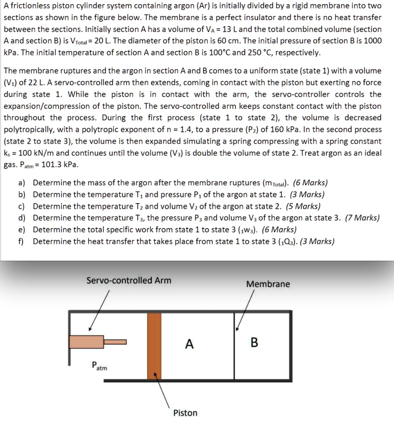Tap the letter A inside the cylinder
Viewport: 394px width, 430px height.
coord(189,344)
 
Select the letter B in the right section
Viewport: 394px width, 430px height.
coord(254,343)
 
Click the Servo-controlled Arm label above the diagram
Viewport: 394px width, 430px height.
coord(129,280)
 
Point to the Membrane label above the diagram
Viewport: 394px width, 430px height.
coord(268,284)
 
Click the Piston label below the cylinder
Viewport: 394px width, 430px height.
coord(185,413)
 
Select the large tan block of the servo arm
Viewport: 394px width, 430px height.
coord(86,342)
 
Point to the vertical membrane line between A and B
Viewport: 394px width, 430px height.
coord(234,353)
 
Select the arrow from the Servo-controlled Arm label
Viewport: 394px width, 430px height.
coord(99,310)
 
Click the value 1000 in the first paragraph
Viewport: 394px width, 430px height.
coord(372,41)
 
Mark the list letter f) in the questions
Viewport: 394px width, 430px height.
coord(21,241)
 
